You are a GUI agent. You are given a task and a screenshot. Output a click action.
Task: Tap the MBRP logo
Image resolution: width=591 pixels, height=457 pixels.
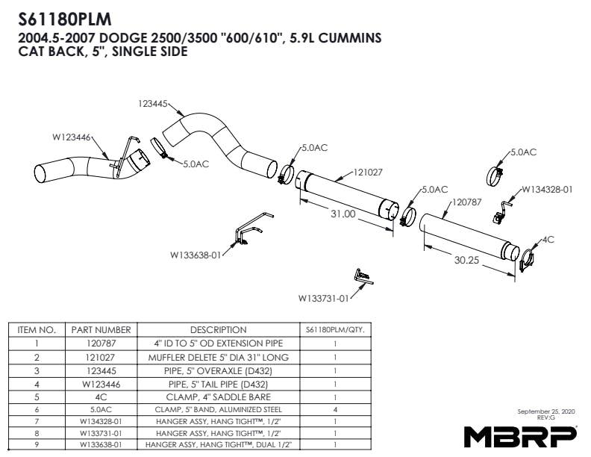pos(521,435)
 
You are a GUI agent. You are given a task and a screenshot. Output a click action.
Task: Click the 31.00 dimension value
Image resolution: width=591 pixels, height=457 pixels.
pos(343,214)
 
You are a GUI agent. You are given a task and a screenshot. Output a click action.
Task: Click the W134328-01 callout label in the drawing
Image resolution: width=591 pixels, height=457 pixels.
pos(547,189)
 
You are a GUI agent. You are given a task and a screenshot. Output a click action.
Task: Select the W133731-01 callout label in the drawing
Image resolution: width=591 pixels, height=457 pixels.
pos(324,299)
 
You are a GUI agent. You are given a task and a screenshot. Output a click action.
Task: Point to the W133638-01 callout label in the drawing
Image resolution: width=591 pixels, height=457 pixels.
pos(196,255)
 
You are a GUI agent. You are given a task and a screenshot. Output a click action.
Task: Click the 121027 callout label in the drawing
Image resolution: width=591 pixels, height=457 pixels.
pos(368,172)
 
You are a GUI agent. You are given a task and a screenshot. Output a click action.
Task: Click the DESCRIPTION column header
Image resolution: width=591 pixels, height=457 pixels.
pos(218,329)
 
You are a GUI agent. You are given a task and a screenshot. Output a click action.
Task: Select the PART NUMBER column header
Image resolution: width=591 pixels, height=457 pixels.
pos(101,329)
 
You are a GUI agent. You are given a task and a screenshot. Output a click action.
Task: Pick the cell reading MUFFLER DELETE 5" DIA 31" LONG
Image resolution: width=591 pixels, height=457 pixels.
pos(218,357)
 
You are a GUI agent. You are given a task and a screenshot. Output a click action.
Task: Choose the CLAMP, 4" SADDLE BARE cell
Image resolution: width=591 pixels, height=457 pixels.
pos(218,397)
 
